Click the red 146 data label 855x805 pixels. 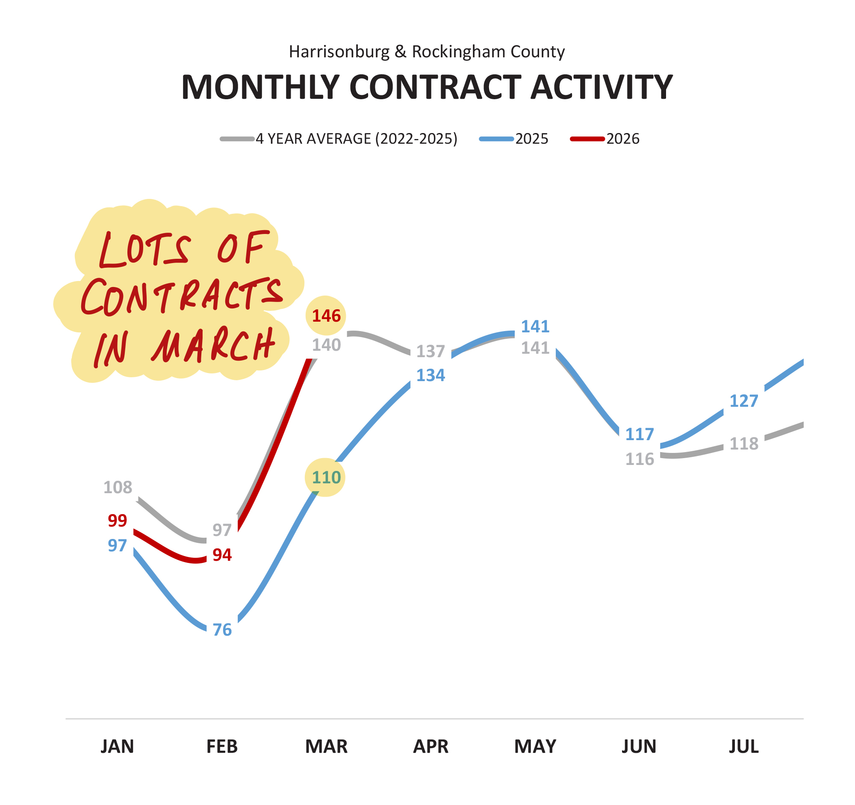[326, 316]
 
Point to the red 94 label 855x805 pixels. [222, 555]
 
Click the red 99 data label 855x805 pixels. [118, 521]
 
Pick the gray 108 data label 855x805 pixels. [118, 488]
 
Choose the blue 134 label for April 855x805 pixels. [430, 376]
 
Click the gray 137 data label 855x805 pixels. [430, 352]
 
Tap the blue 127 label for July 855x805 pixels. [743, 401]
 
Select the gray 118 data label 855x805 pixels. [743, 444]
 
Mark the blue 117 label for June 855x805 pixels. [640, 434]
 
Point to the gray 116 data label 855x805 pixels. [640, 459]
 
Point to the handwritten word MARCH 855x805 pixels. [213, 347]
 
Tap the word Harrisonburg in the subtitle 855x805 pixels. [339, 52]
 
